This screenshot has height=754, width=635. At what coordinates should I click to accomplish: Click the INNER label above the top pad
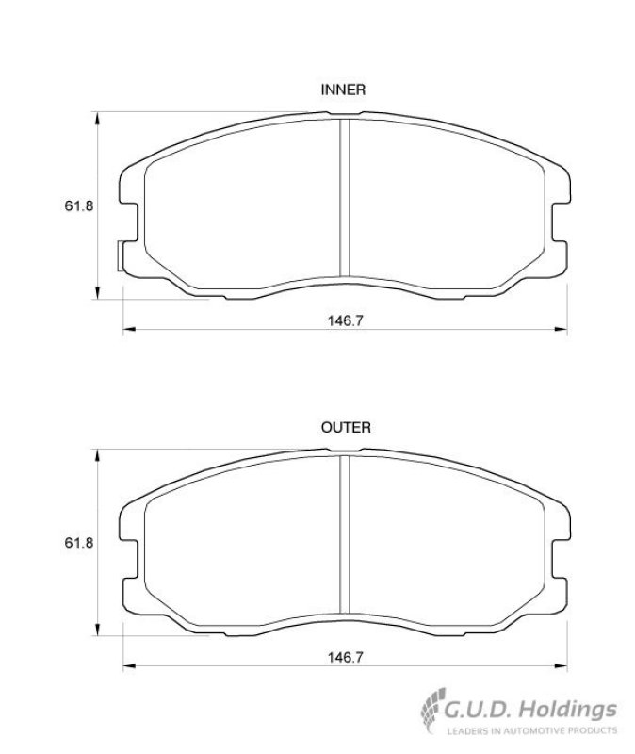343,90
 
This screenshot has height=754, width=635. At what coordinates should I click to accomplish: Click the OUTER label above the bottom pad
346,428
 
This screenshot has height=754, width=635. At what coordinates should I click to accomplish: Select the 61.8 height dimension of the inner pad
79,205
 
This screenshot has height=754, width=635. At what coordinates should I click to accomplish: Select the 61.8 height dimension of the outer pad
79,543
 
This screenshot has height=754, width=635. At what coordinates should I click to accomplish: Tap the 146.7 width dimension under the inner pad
345,320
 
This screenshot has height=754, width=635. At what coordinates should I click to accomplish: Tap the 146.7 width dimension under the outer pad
345,657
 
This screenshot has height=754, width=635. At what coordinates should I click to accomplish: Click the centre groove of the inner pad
345,198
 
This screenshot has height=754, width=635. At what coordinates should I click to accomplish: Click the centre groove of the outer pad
345,534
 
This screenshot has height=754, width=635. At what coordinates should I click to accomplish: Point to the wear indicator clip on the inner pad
121,255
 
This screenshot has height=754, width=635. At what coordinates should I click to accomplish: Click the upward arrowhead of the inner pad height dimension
98,118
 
